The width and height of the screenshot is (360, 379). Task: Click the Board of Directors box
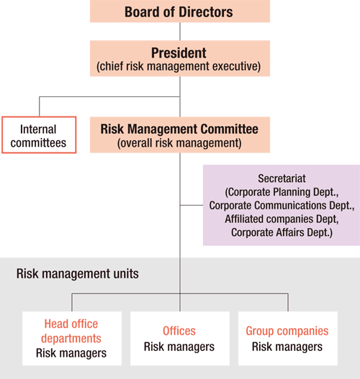[180, 11]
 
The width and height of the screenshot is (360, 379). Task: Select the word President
[179, 53]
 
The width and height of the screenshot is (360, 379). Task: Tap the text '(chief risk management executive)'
[179, 66]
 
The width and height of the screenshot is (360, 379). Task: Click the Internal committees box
[39, 135]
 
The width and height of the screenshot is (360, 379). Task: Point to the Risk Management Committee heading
[179, 129]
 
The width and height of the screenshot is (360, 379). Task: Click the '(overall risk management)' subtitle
[179, 143]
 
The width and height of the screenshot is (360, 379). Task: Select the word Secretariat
[282, 178]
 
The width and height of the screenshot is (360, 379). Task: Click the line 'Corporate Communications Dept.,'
[282, 206]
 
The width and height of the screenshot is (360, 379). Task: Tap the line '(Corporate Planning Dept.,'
[282, 192]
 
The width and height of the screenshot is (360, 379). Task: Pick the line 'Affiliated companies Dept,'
[282, 219]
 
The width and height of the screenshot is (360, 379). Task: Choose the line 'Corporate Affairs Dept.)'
[282, 232]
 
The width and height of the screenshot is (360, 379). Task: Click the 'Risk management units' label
[78, 274]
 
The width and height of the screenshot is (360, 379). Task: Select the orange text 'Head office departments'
[71, 331]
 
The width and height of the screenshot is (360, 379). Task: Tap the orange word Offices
[179, 331]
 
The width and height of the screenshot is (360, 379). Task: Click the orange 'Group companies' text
[287, 331]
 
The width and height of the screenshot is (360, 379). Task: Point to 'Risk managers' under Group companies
[287, 347]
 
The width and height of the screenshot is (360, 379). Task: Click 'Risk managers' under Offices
[179, 347]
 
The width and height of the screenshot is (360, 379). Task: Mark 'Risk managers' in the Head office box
[71, 353]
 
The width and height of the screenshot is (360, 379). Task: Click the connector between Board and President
[180, 32]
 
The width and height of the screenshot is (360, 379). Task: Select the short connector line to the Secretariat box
[192, 205]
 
